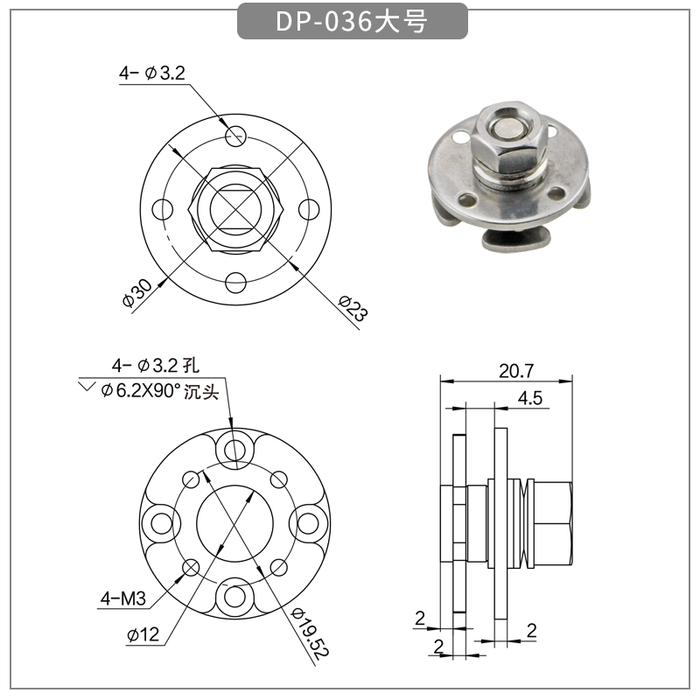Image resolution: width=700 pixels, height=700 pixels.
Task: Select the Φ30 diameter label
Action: point(137,292)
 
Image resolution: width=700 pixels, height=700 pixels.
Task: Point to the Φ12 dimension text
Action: point(142,635)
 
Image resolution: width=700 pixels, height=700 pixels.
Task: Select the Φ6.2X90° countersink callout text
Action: point(157,391)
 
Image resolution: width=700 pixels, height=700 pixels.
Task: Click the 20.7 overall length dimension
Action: point(516,370)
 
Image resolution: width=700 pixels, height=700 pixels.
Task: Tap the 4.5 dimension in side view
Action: point(530,398)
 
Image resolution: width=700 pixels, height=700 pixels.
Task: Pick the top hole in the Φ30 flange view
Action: point(234,136)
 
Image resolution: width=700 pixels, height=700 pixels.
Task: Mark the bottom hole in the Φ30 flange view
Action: point(234,283)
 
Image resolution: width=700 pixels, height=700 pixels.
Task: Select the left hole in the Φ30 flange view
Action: point(161,210)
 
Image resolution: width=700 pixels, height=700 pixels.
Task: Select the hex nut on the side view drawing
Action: point(551,522)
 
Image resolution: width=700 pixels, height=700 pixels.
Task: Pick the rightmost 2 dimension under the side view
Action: point(531,630)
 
